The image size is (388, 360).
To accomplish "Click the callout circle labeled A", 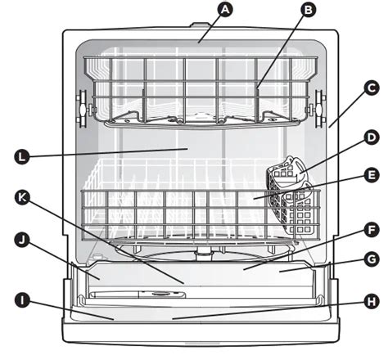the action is (225, 10).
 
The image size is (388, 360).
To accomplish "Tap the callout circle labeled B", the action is (309, 10).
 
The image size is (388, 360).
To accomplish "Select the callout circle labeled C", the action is (372, 88).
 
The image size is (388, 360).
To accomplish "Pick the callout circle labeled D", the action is (372, 137).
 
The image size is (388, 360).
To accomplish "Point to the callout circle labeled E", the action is (372, 175).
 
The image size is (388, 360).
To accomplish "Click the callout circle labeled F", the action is (372, 231).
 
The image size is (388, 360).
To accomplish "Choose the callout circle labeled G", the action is (372, 259).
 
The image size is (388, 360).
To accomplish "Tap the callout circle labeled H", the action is (372, 302).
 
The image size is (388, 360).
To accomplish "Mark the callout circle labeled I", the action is (22, 300).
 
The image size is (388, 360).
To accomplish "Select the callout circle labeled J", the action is (22, 240).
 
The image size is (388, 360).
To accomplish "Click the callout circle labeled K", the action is (22, 198).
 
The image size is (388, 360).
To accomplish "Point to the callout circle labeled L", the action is (22, 157).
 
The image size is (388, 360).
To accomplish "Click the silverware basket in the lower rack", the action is (291, 196).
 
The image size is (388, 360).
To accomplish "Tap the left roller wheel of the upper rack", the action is (83, 109).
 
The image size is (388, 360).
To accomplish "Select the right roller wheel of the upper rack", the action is (319, 109).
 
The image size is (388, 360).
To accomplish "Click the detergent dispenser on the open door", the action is (138, 295).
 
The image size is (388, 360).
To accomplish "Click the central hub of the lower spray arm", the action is (203, 253).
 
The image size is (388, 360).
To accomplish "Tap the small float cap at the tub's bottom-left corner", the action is (97, 257).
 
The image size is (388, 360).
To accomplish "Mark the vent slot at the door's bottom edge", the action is (202, 343).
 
